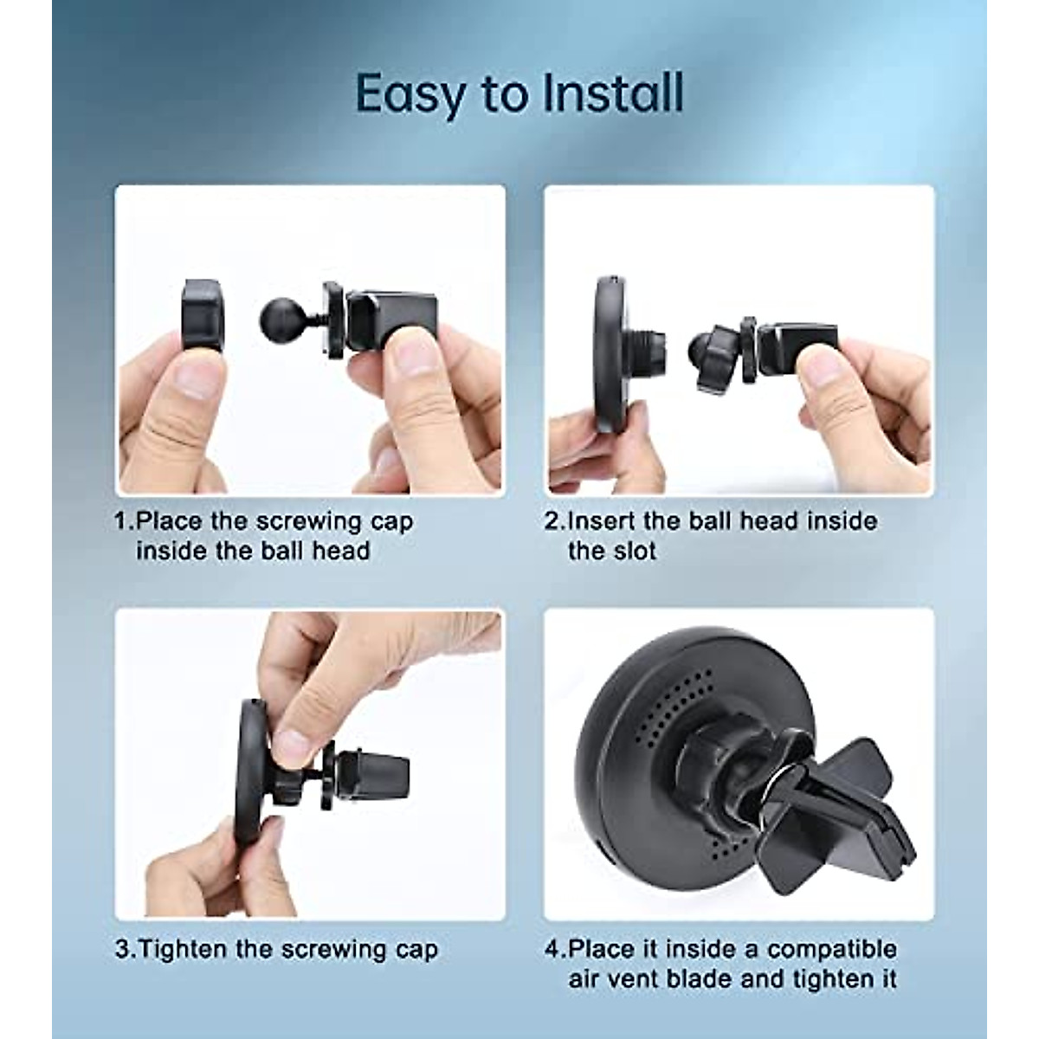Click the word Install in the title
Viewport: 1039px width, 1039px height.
coord(613,93)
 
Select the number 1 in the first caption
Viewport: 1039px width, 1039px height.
coord(121,522)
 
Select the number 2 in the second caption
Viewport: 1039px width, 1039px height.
coord(552,522)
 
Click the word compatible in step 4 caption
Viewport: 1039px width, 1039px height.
coord(831,949)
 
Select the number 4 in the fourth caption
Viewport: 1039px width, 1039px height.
coord(552,950)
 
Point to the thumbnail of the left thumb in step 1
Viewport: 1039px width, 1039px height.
coord(195,380)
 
